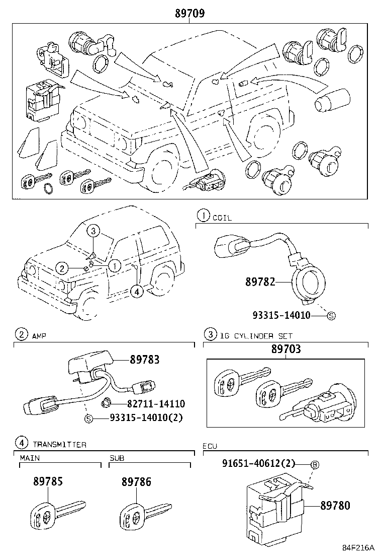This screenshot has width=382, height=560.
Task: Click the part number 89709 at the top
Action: [x=189, y=14]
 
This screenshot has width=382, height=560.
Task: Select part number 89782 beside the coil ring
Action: [x=260, y=282]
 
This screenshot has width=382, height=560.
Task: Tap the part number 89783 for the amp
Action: [x=144, y=360]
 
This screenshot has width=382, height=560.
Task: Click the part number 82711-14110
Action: [x=156, y=404]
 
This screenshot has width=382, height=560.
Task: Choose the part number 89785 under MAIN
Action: [x=48, y=481]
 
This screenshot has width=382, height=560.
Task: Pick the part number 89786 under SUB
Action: [x=136, y=481]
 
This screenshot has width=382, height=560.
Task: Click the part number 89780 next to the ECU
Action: [x=335, y=505]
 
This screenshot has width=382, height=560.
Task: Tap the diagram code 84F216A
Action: [x=359, y=548]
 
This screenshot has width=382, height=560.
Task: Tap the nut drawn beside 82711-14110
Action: [x=106, y=402]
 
